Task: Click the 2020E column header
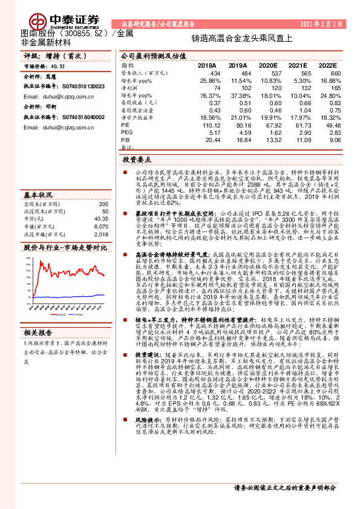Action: pyautogui.click(x=267, y=65)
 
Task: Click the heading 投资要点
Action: pyautogui.click(x=137, y=161)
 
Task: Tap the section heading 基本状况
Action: pyautogui.click(x=38, y=195)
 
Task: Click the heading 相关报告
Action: pyautogui.click(x=38, y=332)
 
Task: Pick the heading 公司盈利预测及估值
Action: pyautogui.click(x=150, y=54)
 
